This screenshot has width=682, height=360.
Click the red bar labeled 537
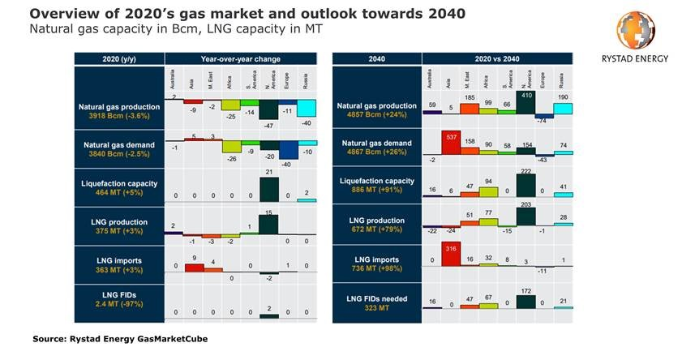[x=451, y=141]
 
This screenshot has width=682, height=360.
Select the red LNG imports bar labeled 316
[x=451, y=255]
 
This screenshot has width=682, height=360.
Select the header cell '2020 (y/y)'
[x=119, y=58]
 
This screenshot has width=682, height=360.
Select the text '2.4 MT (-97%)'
[x=118, y=309]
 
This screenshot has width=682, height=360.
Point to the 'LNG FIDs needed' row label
[x=377, y=299]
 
